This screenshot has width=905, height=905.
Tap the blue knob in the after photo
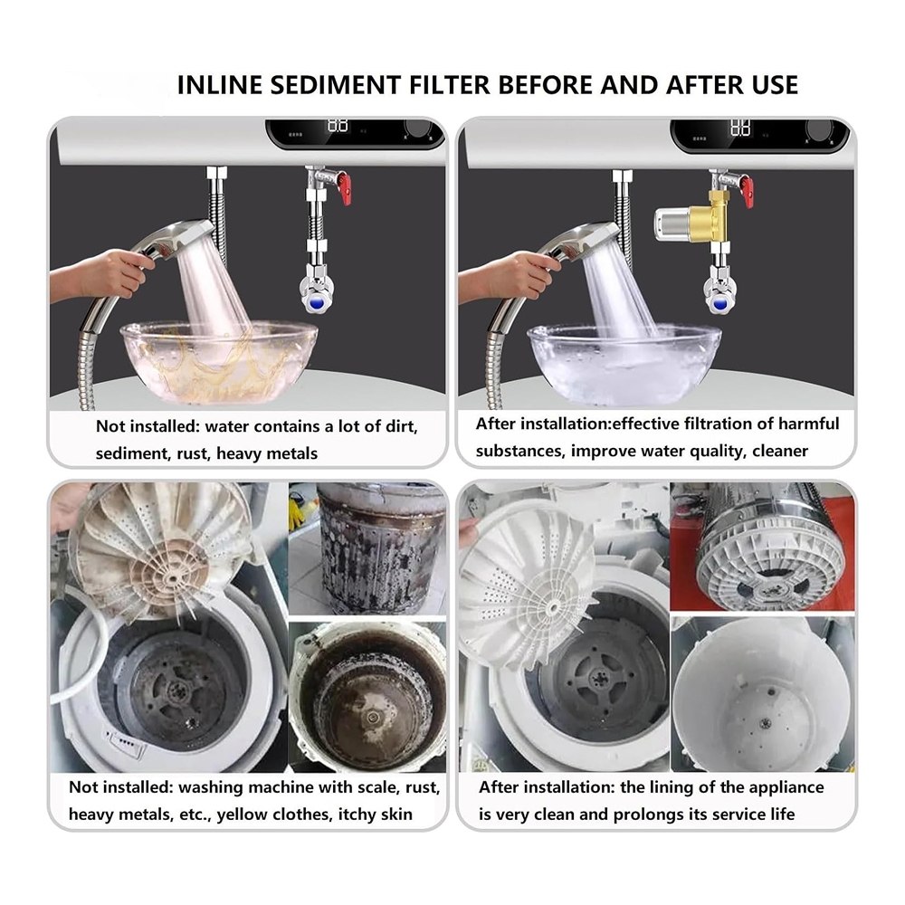(x=719, y=303)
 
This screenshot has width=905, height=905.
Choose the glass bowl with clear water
(x=624, y=365)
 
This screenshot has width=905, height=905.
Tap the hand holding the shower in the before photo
(x=98, y=275)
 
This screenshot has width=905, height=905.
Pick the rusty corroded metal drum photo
(x=381, y=548)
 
